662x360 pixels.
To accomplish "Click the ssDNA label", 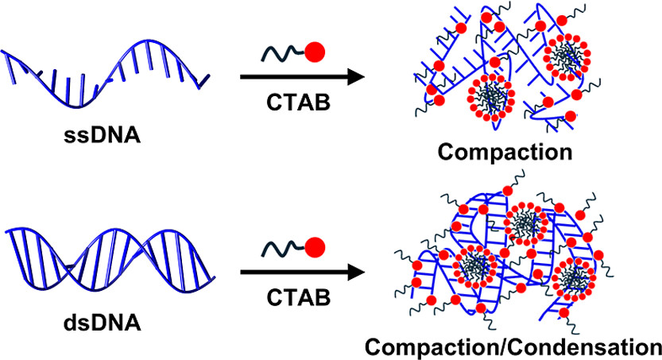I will click(106, 136).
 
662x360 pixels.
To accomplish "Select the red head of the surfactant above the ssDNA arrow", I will click(316, 53).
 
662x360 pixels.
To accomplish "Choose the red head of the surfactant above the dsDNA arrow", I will click(316, 242).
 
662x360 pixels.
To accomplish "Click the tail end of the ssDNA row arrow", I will click(243, 78).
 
